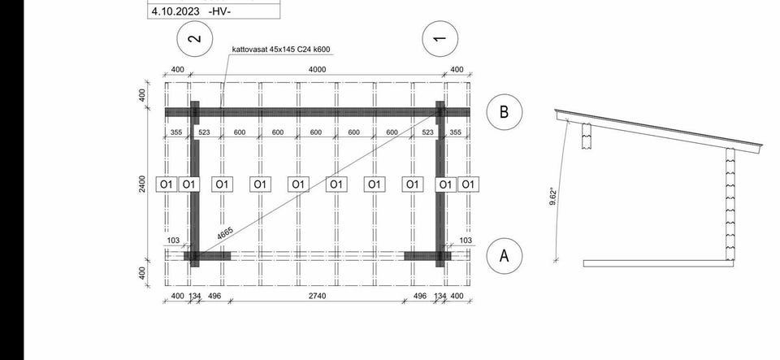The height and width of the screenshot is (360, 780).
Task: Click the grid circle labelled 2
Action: coord(195,38)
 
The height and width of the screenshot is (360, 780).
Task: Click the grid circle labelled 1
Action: coord(440,38)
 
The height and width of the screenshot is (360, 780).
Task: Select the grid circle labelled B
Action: coord(504,112)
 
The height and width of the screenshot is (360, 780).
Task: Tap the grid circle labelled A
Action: coord(504,256)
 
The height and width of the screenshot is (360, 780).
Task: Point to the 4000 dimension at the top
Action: coord(318,70)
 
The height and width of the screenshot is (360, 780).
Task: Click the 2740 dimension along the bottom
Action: coord(318,297)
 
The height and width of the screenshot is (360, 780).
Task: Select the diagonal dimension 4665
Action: coord(225,234)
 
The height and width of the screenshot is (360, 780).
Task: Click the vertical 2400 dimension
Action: coord(142,184)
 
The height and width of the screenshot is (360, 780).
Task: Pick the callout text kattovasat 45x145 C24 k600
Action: coord(281,50)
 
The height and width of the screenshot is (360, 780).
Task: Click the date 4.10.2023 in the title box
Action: coord(175,11)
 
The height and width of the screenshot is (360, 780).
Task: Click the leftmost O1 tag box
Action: coord(166,184)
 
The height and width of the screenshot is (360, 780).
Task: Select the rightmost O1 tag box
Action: coord(468,184)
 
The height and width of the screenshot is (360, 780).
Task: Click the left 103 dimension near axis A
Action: coord(173,241)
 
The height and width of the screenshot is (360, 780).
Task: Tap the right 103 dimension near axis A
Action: coord(466,241)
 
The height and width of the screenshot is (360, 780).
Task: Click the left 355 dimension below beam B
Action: coord(176,132)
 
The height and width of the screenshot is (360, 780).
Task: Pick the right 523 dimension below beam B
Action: coord(427,132)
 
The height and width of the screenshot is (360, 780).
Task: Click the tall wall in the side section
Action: coord(730,204)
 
